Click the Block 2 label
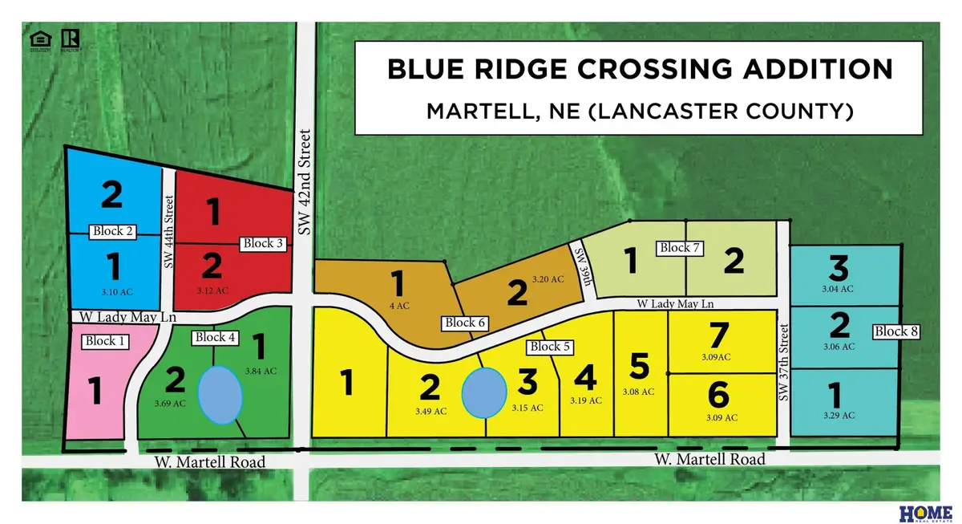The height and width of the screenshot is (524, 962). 113,232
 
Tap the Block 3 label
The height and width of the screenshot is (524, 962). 264,243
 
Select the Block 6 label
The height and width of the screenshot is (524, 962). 467,323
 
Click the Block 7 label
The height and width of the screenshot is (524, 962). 678,248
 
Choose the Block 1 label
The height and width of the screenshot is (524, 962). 106,341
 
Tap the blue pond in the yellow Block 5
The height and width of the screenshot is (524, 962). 485,392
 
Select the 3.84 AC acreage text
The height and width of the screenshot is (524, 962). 261,371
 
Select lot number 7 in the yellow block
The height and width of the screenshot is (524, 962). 717,334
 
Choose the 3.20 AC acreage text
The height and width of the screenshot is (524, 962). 548,279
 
